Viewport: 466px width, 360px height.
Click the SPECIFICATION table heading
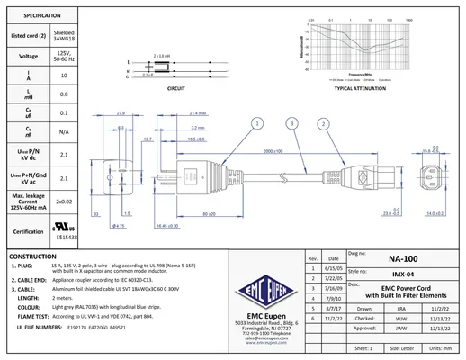[x=36, y=16]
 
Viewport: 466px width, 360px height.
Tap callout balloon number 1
[x=258, y=122]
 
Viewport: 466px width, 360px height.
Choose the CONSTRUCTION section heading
[x=33, y=256]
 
